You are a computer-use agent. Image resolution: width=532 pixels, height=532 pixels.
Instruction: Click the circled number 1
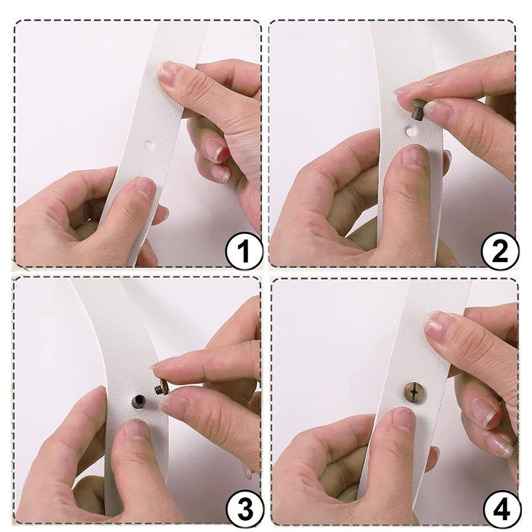coord(243,251)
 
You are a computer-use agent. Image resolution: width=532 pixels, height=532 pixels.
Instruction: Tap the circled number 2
coord(499,251)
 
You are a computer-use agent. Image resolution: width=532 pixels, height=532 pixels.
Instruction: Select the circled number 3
coord(244,509)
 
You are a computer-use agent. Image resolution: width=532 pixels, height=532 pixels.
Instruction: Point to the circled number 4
coord(501,509)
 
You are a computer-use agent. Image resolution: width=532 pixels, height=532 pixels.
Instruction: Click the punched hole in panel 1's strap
coord(148,145)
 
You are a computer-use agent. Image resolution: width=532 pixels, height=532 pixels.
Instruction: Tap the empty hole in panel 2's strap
coord(410,130)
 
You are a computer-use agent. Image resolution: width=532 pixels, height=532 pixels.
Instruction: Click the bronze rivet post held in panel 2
coord(418,108)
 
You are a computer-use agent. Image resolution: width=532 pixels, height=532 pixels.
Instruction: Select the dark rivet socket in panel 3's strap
coord(138,402)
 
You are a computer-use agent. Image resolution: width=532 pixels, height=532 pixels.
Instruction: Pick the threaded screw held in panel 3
coord(162,386)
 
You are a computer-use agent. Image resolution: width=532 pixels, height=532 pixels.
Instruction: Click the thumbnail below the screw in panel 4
coord(404,419)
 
